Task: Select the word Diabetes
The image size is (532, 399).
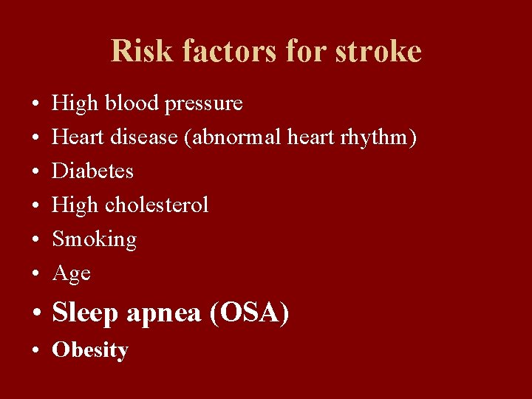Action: point(92,171)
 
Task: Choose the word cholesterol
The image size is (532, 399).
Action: point(157,205)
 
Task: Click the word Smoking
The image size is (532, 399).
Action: point(94,239)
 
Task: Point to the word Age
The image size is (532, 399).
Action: point(71,274)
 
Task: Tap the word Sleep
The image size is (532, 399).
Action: point(85,314)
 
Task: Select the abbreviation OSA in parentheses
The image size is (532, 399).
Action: point(250,314)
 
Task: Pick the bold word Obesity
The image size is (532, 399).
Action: point(89,350)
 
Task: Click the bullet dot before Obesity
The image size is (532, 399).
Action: point(36,351)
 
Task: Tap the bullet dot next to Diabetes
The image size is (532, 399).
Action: point(36,172)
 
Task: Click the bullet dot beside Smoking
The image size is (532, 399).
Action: point(36,240)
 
